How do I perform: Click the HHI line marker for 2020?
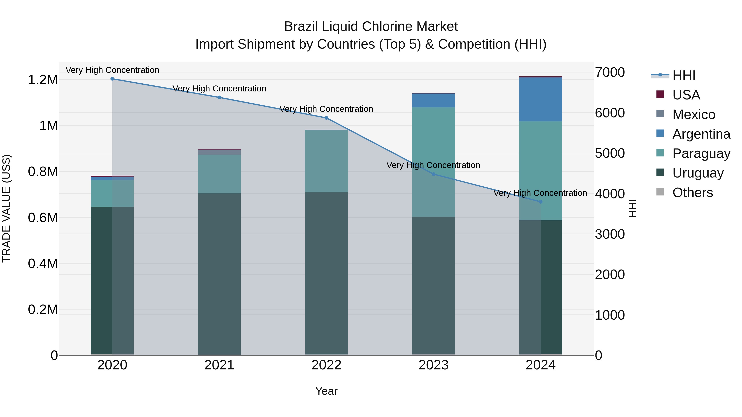click(112, 79)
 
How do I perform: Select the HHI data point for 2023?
click(433, 174)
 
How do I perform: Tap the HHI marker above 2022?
click(326, 118)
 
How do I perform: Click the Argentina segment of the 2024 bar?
click(540, 99)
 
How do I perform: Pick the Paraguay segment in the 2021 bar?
click(219, 174)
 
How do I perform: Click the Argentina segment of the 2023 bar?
click(433, 100)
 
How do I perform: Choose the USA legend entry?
click(686, 95)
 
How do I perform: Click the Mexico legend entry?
click(694, 114)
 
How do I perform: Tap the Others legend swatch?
click(660, 192)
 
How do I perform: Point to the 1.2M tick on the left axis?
click(43, 80)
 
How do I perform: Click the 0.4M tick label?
click(43, 264)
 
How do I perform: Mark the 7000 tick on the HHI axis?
click(610, 72)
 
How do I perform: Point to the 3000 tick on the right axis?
click(610, 234)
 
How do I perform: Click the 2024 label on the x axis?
click(540, 365)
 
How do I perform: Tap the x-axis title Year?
click(326, 391)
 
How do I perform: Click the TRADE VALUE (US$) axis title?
click(6, 208)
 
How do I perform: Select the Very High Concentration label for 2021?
click(219, 89)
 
